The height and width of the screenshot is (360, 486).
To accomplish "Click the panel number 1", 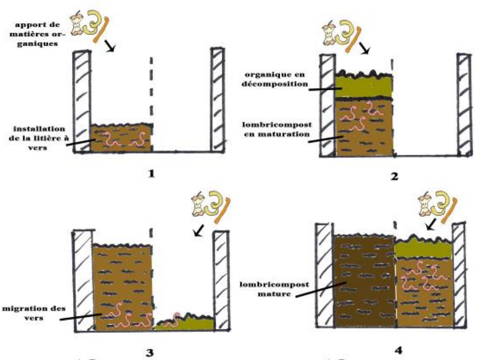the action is [x=151, y=174].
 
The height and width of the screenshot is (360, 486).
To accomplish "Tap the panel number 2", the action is [x=394, y=177].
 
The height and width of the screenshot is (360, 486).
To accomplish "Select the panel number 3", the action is [x=149, y=353].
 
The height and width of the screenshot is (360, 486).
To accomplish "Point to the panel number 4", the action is [x=399, y=350].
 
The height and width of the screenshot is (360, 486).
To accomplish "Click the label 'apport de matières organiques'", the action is [x=37, y=34].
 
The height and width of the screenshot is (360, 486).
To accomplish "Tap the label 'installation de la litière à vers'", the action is [x=39, y=138].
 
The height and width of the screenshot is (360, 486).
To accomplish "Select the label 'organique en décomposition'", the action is [x=275, y=79].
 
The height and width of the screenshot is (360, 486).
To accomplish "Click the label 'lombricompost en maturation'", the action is [x=277, y=129].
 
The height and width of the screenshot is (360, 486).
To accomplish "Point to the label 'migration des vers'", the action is [x=34, y=313].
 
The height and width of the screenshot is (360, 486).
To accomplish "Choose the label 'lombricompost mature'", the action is [x=274, y=289].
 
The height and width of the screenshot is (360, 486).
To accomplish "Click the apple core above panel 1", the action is [x=76, y=23].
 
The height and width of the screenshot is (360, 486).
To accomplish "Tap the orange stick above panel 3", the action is [x=222, y=210].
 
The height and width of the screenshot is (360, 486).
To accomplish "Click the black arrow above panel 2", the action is [x=364, y=48].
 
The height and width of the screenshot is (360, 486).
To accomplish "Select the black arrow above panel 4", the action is [x=431, y=224].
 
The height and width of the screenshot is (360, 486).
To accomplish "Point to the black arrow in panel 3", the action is [x=199, y=230].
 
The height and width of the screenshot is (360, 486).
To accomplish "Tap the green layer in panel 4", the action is [x=423, y=249].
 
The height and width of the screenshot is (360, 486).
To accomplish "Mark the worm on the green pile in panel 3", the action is [x=173, y=320].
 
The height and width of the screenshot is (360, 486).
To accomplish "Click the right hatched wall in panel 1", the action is [x=217, y=100].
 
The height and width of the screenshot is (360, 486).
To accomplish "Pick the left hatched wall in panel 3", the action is [x=83, y=281].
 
